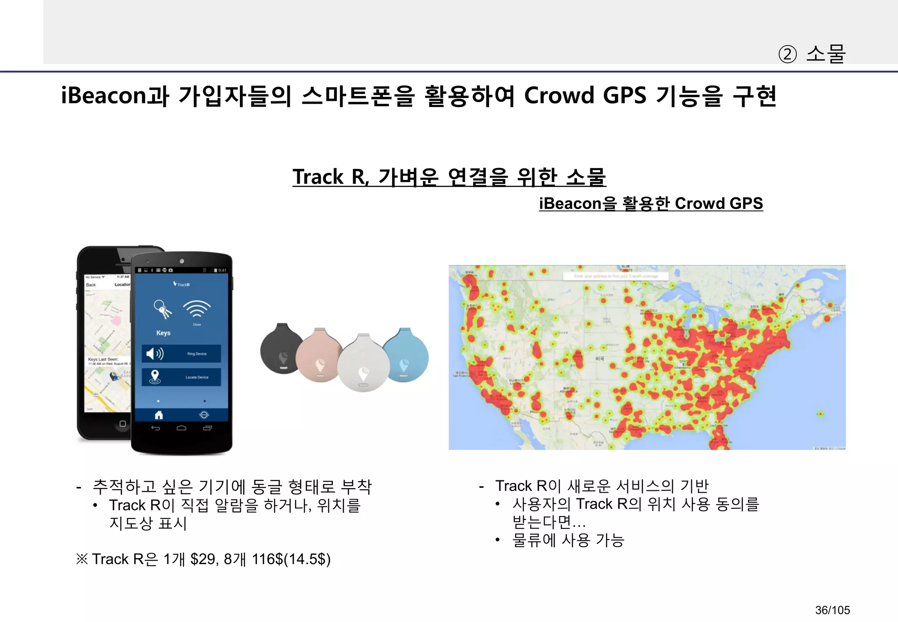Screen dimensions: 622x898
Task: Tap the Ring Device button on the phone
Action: [x=181, y=354]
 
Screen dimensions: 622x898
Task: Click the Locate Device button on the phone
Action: [x=181, y=377]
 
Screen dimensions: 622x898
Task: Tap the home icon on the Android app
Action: [x=159, y=415]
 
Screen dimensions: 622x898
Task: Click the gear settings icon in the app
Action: [x=204, y=415]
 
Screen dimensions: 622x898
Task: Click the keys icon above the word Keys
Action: [x=162, y=309]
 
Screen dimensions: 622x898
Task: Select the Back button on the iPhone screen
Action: [x=91, y=285]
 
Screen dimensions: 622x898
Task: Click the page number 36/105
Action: [x=832, y=610]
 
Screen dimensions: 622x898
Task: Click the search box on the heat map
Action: [x=616, y=276]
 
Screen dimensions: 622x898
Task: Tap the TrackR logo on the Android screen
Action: [x=182, y=284]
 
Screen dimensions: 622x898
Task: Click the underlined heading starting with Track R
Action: [x=449, y=177]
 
